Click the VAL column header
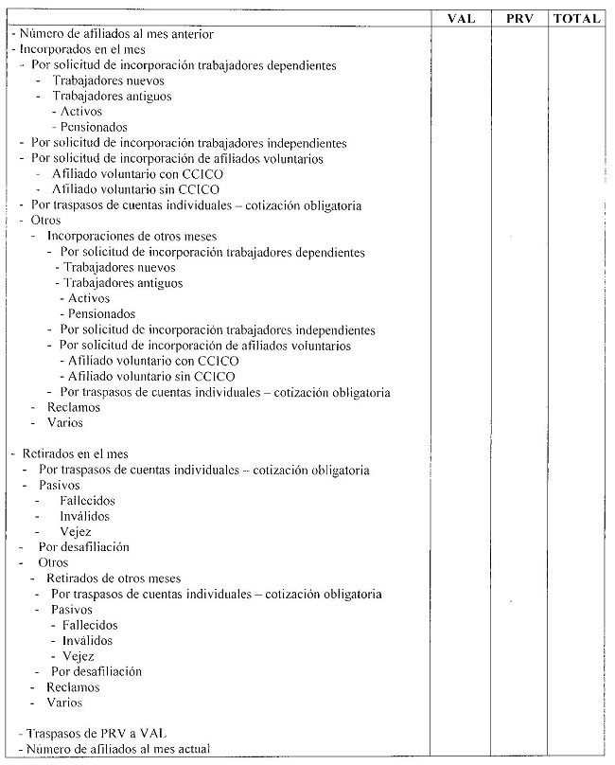pyautogui.click(x=461, y=18)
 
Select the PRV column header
pyautogui.click(x=519, y=18)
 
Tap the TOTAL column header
pyautogui.click(x=577, y=18)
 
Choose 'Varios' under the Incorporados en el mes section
pyautogui.click(x=64, y=422)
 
